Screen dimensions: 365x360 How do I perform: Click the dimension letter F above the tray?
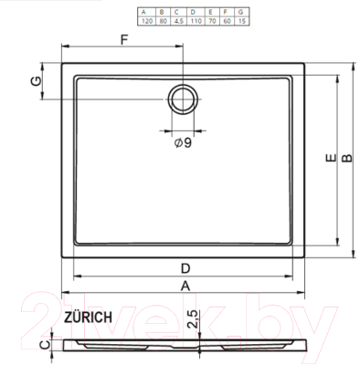[125, 39]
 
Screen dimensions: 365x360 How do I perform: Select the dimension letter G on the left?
[35, 80]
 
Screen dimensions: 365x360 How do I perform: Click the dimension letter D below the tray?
[185, 267]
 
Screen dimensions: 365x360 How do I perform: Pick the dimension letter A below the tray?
[185, 285]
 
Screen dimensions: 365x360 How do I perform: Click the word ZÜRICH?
[89, 317]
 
